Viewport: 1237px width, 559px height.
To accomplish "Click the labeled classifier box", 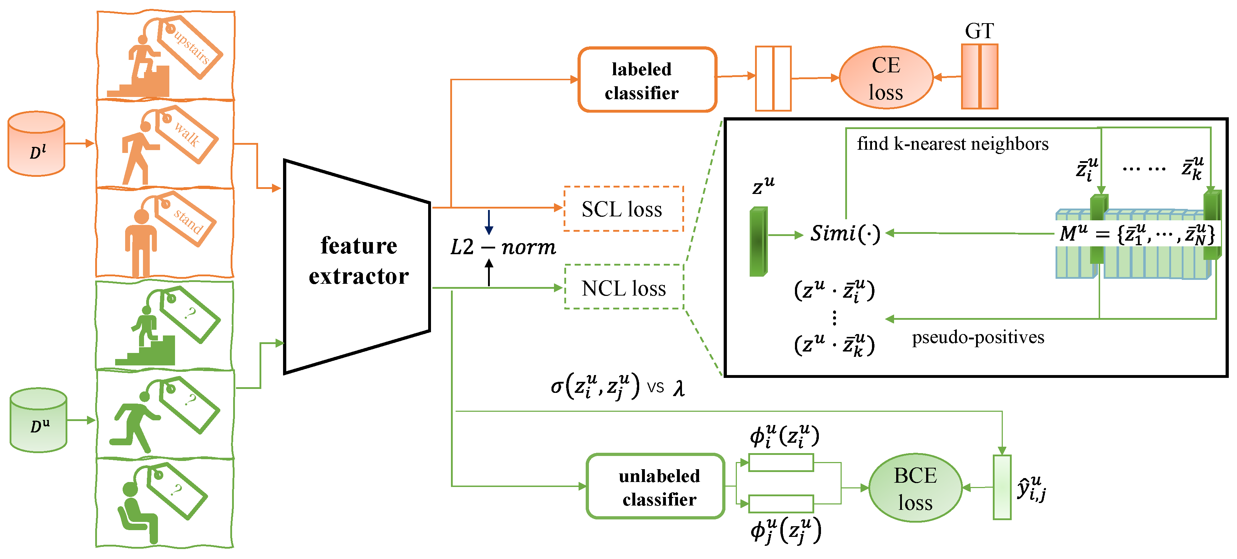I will pyautogui.click(x=647, y=80).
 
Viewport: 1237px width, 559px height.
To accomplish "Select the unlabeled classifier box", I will pyautogui.click(x=655, y=487).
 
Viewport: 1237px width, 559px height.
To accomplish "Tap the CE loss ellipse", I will pyautogui.click(x=886, y=78).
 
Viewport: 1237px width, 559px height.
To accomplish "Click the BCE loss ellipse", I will pyautogui.click(x=915, y=488).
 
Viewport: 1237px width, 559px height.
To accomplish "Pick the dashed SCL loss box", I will pyautogui.click(x=623, y=209).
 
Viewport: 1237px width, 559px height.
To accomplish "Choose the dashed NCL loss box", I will pyautogui.click(x=623, y=288).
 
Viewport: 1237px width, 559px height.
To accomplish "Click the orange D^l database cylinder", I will pyautogui.click(x=36, y=144).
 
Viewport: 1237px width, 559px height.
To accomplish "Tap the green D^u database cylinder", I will pyautogui.click(x=39, y=420).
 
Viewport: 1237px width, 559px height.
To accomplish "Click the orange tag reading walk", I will pyautogui.click(x=186, y=134).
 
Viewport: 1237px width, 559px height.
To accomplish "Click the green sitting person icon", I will pyautogui.click(x=138, y=512).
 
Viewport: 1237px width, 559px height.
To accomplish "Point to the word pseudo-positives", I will pyautogui.click(x=978, y=337).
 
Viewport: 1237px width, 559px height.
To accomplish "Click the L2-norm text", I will pyautogui.click(x=502, y=247).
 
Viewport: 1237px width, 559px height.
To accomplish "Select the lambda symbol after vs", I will pyautogui.click(x=678, y=388).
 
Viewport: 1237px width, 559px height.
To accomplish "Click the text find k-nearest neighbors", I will pyautogui.click(x=952, y=144).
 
